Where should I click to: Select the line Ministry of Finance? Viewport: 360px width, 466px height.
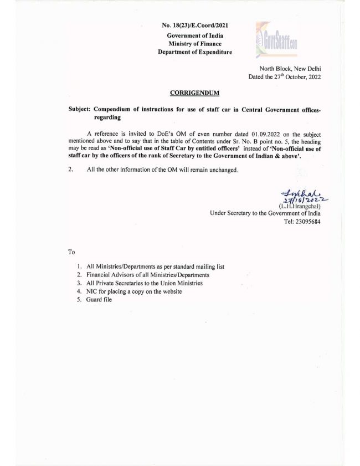click(194, 44)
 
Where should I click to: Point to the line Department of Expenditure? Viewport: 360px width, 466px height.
click(194, 52)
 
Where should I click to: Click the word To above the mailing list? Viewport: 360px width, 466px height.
click(71, 252)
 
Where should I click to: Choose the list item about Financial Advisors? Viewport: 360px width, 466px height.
click(148, 275)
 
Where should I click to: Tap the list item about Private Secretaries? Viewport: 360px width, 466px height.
click(144, 283)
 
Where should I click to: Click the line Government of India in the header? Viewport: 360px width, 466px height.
click(194, 35)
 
